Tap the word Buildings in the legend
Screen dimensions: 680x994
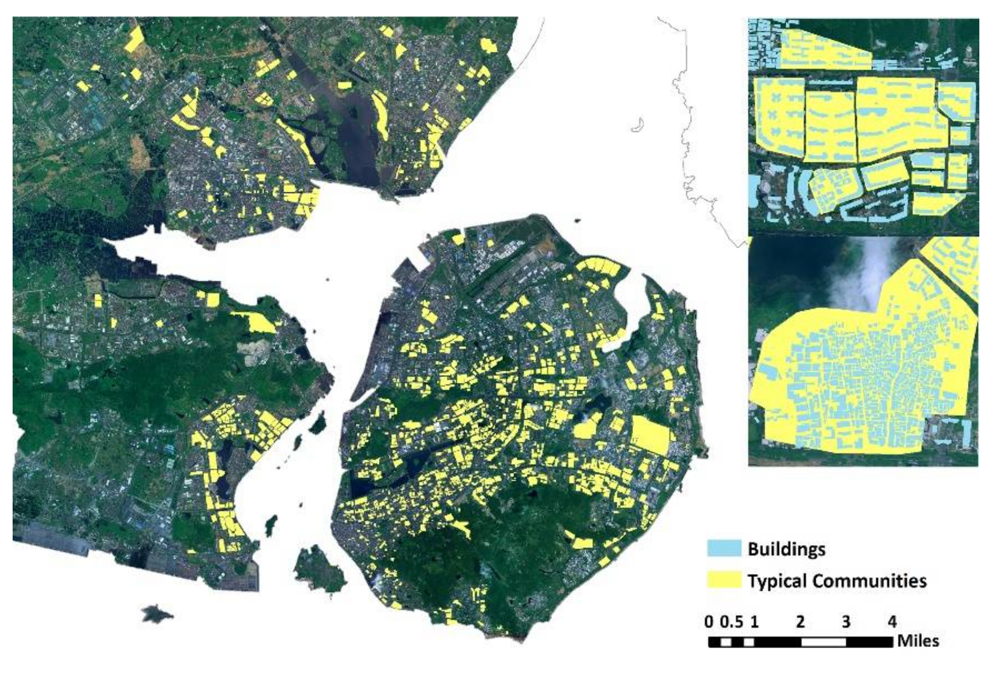click(786, 549)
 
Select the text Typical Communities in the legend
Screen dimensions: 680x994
click(837, 581)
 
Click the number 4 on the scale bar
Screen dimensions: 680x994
click(892, 622)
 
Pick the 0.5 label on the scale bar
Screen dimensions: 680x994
click(731, 622)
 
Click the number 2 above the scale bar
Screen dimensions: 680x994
click(800, 622)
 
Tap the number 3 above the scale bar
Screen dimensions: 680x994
click(846, 622)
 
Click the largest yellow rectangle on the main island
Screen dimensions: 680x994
click(651, 435)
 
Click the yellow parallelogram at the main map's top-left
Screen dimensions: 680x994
click(134, 40)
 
